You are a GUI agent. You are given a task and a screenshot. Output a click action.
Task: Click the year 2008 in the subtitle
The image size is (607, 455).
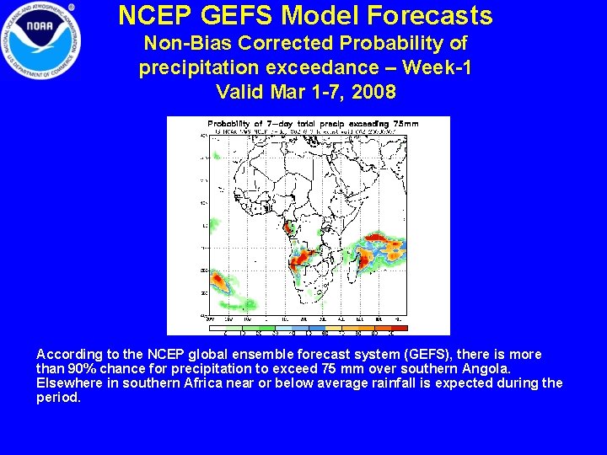(x=375, y=91)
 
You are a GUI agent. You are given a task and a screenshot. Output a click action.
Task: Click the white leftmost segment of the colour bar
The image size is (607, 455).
(x=218, y=328)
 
